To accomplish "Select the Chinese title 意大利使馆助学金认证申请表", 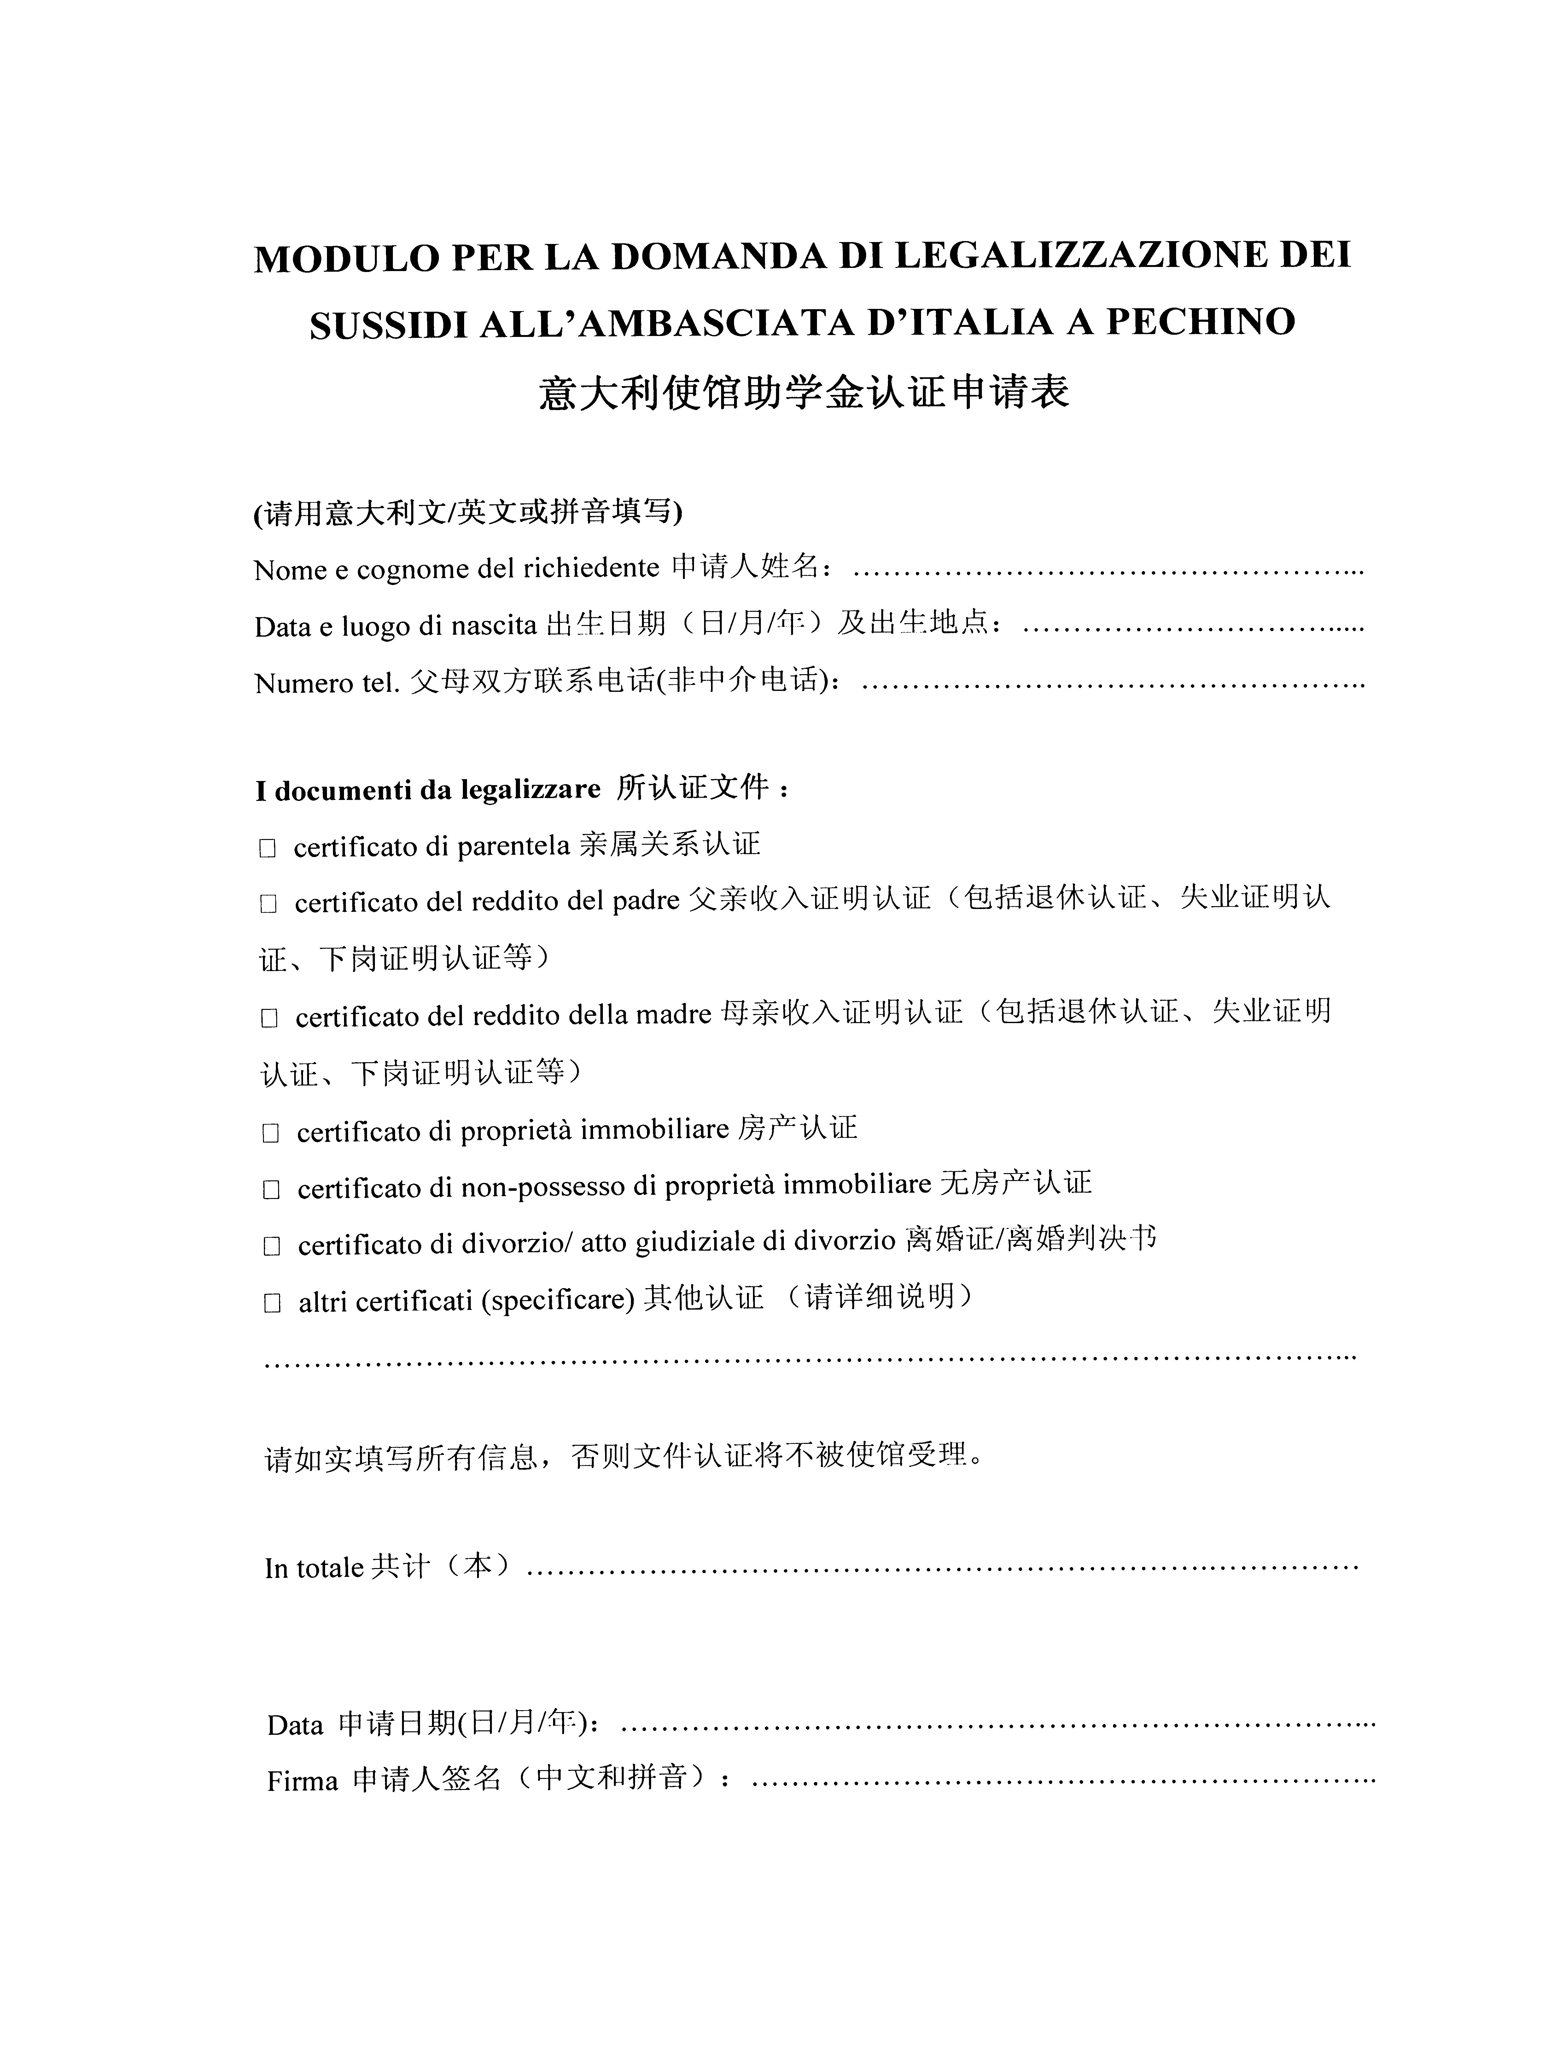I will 803,392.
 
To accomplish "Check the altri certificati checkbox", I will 272,1304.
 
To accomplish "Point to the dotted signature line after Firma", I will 1063,1782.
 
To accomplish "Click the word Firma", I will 302,1782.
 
